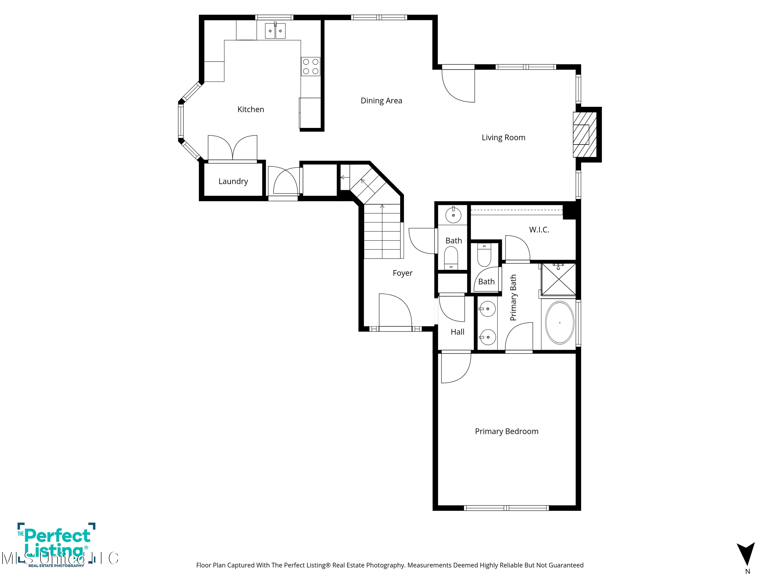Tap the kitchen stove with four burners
pyautogui.click(x=311, y=67)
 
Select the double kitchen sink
pyautogui.click(x=275, y=31)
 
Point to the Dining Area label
pyautogui.click(x=381, y=101)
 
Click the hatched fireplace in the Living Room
pyautogui.click(x=584, y=134)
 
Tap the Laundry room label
pyautogui.click(x=233, y=181)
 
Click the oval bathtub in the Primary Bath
pyautogui.click(x=559, y=322)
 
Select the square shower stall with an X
pyautogui.click(x=558, y=279)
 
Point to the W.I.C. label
pyautogui.click(x=539, y=230)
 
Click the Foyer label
pyautogui.click(x=402, y=273)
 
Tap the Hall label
pyautogui.click(x=457, y=332)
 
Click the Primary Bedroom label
pyautogui.click(x=506, y=431)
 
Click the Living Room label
pyautogui.click(x=503, y=138)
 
